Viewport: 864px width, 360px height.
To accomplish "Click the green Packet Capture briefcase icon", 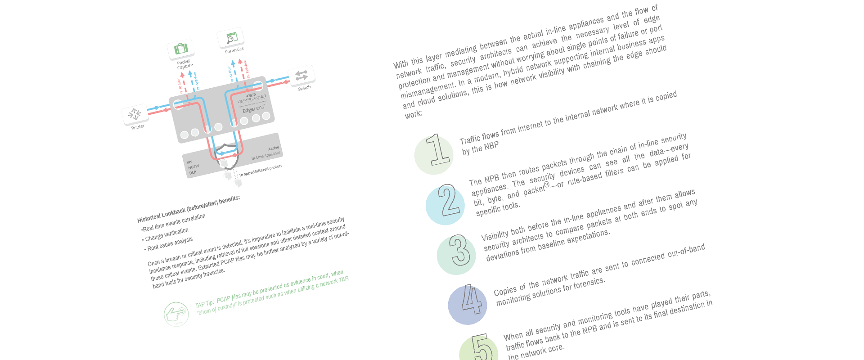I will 181,49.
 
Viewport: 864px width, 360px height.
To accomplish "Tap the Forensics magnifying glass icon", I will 231,38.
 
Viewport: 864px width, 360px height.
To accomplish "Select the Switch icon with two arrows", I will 301,76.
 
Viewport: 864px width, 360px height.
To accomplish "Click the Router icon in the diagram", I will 135,114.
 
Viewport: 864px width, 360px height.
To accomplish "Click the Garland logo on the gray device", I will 252,97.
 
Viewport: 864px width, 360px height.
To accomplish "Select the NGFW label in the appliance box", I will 193,167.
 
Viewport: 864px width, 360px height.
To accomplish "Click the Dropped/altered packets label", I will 260,171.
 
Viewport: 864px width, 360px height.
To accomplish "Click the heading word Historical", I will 148,217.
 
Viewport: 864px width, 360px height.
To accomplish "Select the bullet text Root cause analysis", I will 170,244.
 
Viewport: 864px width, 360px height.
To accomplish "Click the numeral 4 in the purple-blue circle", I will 471,300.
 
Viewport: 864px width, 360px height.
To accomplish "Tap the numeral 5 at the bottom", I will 482,348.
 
